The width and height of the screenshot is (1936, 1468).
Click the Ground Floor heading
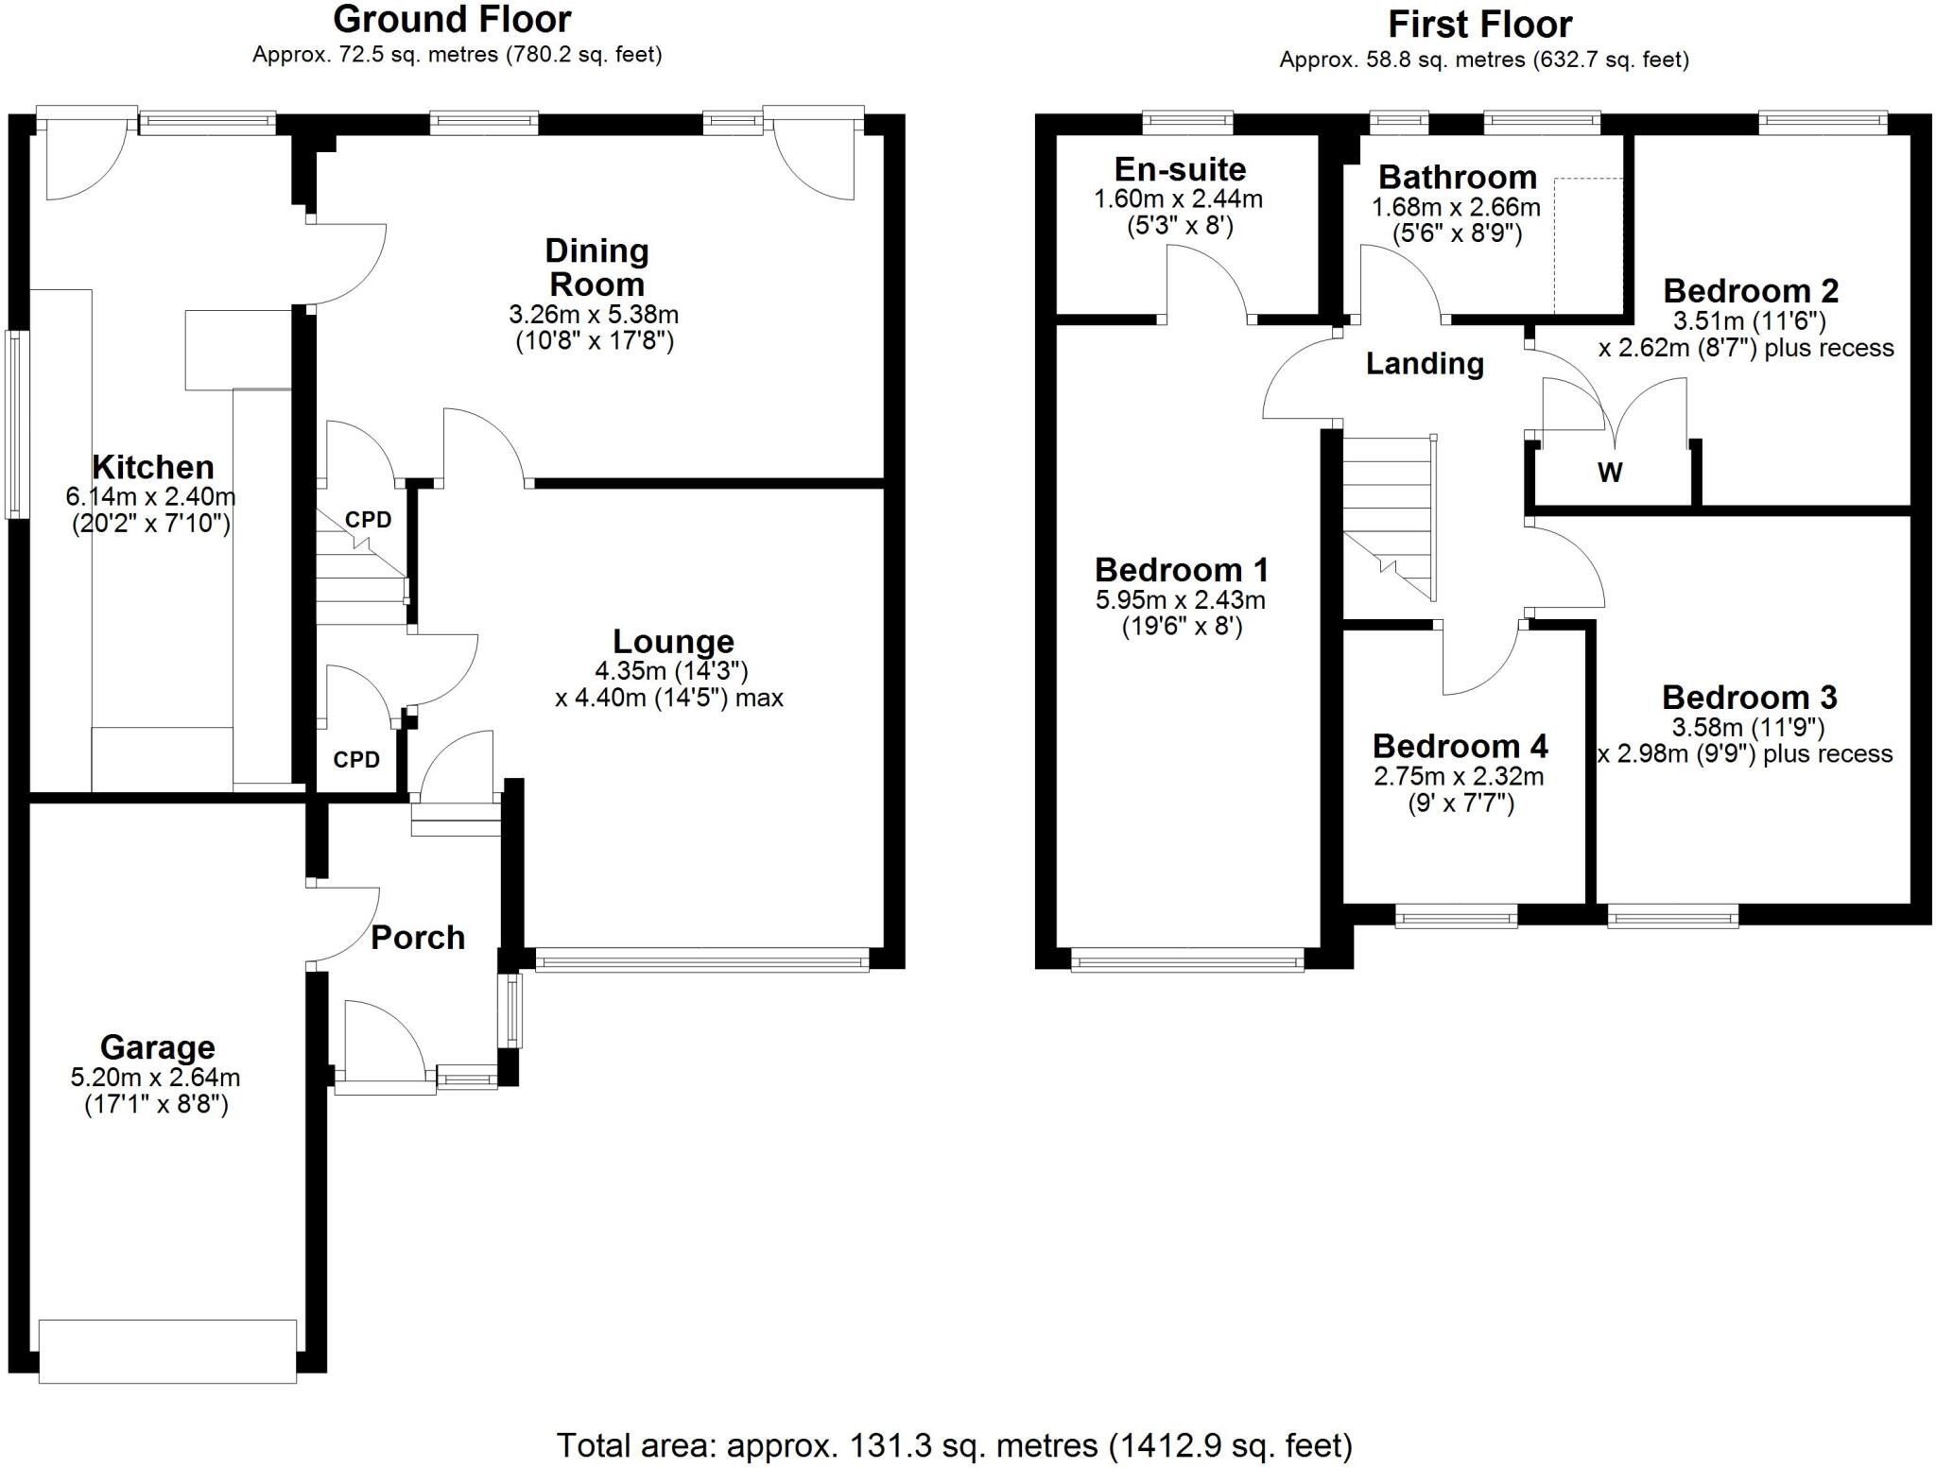click(452, 20)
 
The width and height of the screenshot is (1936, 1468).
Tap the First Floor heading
click(1479, 25)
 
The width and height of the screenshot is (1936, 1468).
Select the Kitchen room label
click(152, 467)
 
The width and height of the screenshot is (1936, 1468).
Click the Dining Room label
click(596, 268)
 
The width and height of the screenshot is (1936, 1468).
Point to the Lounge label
click(673, 642)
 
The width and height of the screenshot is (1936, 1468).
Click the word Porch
click(418, 938)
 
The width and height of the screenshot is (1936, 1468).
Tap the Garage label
click(157, 1047)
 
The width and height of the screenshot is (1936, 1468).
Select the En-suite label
click(1180, 170)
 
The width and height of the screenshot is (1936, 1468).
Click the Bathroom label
click(1457, 178)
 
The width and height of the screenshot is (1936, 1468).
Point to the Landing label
click(1425, 364)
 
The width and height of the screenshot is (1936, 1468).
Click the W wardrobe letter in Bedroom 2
click(1610, 473)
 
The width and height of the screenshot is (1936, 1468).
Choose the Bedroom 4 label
click(1460, 747)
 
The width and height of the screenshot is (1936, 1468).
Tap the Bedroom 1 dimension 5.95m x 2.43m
click(1180, 600)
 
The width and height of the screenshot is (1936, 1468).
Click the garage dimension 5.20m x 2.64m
click(156, 1078)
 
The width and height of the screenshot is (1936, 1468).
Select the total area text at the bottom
click(954, 1445)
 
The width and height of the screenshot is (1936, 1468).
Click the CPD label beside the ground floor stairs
click(368, 520)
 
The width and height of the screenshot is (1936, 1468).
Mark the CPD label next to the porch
click(356, 760)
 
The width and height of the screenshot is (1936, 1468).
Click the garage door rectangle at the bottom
click(167, 1351)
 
